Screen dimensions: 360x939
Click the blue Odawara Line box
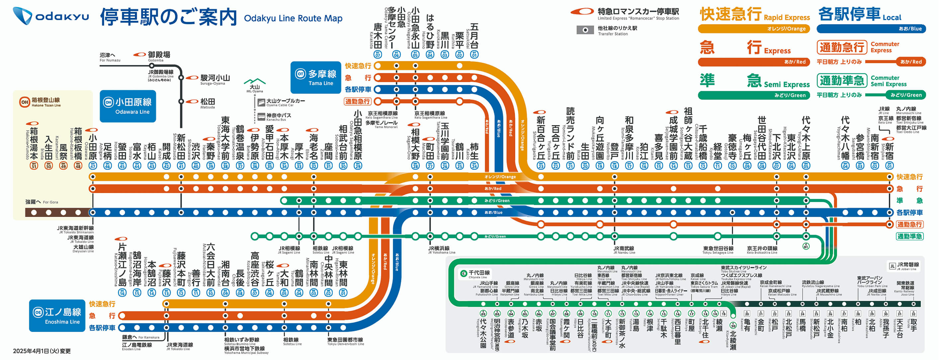128,106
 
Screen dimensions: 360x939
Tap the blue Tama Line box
315,77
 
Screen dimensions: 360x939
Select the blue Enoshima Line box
57,316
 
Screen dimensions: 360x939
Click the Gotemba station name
159,55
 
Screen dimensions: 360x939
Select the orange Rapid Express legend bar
753,29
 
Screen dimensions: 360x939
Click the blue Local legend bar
871,29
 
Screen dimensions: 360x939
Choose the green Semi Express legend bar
753,96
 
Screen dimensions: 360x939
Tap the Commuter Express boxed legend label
842,47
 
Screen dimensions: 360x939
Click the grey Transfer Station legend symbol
585,30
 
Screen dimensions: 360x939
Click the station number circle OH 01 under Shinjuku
890,166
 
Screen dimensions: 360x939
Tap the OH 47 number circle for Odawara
93,166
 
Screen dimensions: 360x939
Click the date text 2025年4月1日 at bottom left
42,351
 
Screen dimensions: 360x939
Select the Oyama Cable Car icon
261,103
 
